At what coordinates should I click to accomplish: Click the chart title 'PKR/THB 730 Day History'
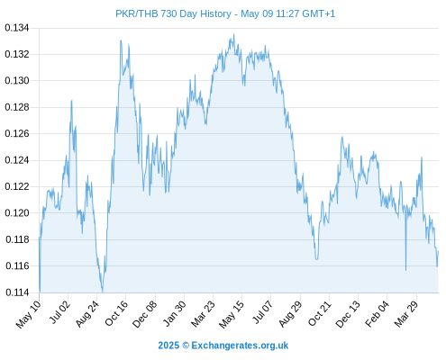pyautogui.click(x=173, y=13)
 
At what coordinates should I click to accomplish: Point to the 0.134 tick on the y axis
pyautogui.click(x=17, y=28)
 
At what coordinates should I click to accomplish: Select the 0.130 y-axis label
pyautogui.click(x=17, y=81)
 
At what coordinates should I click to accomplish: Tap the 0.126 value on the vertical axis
pyautogui.click(x=17, y=133)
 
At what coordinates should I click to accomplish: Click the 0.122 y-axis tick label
pyautogui.click(x=17, y=186)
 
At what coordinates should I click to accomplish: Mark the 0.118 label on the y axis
pyautogui.click(x=17, y=239)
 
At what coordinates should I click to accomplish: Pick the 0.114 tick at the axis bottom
pyautogui.click(x=17, y=292)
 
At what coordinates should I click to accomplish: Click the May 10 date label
pyautogui.click(x=28, y=314)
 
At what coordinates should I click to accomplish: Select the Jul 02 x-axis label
pyautogui.click(x=60, y=311)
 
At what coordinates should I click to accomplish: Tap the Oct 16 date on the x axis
pyautogui.click(x=116, y=313)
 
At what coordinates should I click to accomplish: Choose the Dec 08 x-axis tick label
pyautogui.click(x=144, y=314)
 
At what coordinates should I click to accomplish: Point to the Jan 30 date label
pyautogui.click(x=174, y=313)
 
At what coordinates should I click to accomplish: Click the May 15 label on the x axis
pyautogui.click(x=231, y=314)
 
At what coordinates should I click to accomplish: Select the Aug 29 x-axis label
pyautogui.click(x=290, y=313)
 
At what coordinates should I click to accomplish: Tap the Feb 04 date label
pyautogui.click(x=377, y=313)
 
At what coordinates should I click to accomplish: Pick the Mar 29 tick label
pyautogui.click(x=405, y=313)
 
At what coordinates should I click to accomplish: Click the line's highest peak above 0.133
pyautogui.click(x=234, y=34)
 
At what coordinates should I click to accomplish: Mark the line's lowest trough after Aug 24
pyautogui.click(x=103, y=292)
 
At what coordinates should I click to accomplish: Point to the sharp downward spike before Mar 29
pyautogui.click(x=405, y=270)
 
